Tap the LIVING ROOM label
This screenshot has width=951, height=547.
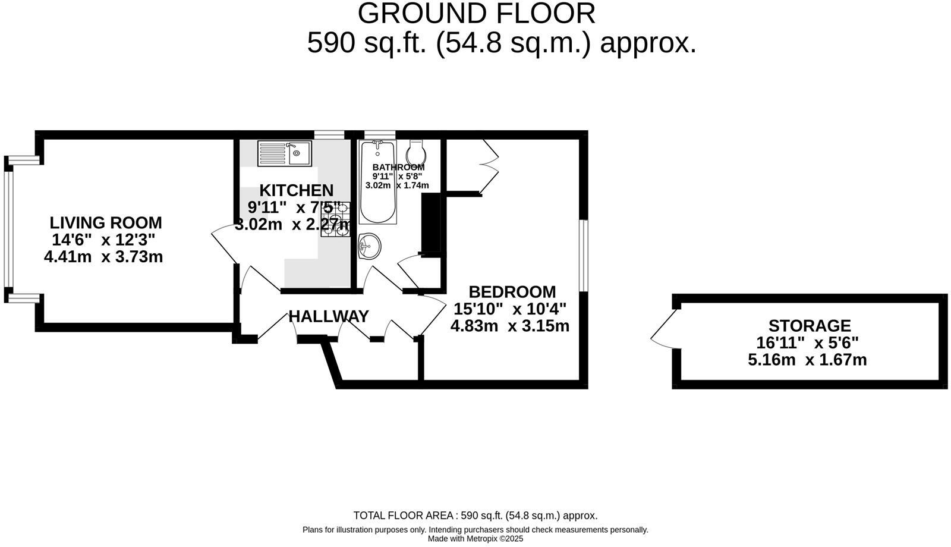click(105, 223)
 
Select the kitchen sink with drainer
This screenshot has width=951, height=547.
click(284, 153)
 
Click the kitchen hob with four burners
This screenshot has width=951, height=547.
click(335, 219)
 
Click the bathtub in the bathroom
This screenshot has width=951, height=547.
click(377, 181)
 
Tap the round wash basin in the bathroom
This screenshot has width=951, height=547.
click(369, 246)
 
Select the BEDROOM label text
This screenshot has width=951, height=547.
click(512, 292)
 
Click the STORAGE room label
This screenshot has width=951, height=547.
click(809, 326)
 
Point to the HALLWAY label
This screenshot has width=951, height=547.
click(328, 316)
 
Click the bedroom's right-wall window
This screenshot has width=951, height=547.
click(584, 256)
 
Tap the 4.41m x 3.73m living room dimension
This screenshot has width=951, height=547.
click(103, 257)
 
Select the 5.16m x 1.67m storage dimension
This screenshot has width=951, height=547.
click(807, 360)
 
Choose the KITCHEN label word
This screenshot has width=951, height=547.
click(296, 190)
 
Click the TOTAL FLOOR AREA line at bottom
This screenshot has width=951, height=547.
click(475, 516)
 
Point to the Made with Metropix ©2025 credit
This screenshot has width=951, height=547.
click(475, 539)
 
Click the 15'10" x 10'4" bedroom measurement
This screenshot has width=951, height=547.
click(509, 309)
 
